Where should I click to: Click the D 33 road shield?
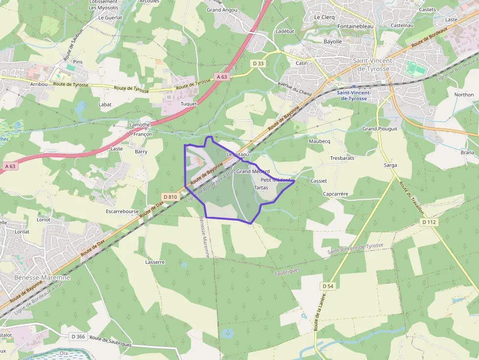pos(258,64)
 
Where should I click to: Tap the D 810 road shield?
pos(170,196)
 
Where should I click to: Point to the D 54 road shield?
pos(328,285)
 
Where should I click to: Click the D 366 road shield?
pos(78,336)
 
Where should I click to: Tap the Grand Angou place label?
pos(222,10)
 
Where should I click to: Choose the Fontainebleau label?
pos(355,26)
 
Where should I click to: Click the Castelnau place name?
pos(402,25)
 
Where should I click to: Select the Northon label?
pos(464,95)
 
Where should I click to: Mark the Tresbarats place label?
pos(342,158)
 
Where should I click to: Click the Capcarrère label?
pos(335,194)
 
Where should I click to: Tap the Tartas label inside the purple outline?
pos(261,188)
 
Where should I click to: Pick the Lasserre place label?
pos(155,262)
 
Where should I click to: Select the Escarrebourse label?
pos(122,212)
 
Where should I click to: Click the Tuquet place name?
pos(189,104)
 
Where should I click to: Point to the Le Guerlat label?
pos(110,17)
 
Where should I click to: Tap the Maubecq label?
pos(320,141)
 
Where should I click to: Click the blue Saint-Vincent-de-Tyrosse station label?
pos(354,95)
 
